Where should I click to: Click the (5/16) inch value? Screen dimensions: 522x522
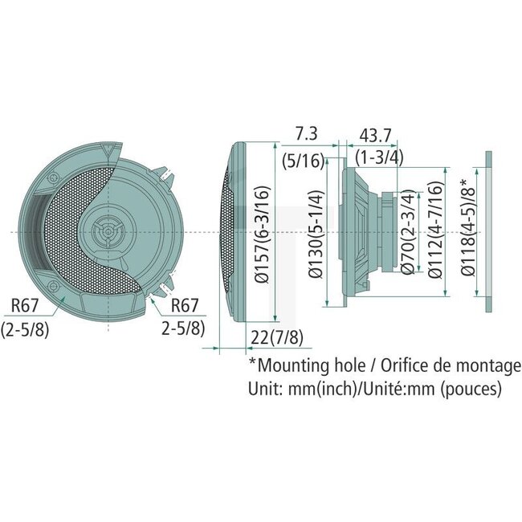click(x=303, y=161)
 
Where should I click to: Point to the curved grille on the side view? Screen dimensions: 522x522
click(x=230, y=233)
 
